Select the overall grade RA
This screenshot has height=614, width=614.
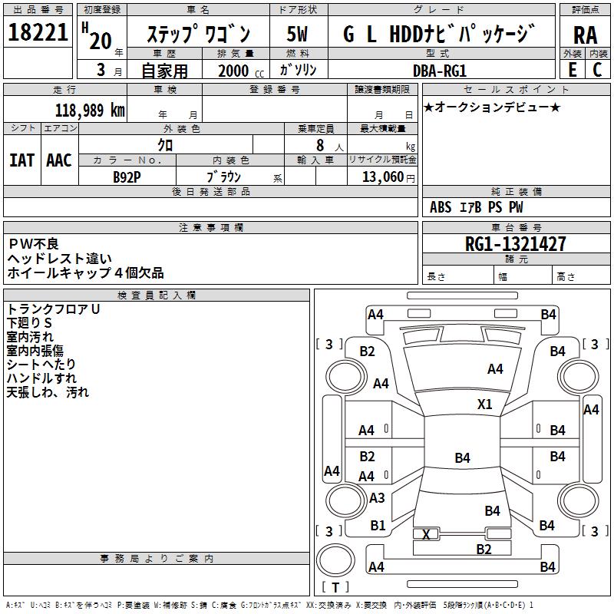coord(584,35)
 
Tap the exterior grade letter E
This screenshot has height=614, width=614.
coord(572,68)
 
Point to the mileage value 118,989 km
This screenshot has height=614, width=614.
coord(90,110)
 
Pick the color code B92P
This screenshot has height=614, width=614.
coord(127,177)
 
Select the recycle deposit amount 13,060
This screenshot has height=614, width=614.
coord(381,177)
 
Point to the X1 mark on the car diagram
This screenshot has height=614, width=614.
coord(484,404)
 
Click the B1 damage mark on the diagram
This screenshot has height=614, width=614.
coord(378,526)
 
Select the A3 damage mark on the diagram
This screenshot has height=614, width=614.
coord(377,498)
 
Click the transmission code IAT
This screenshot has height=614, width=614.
coord(21,160)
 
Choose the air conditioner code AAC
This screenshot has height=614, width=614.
coord(59,160)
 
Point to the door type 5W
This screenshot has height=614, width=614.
coord(297,34)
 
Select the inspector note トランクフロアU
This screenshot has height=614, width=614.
coord(53,309)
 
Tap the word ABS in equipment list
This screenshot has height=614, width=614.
coord(441,207)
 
